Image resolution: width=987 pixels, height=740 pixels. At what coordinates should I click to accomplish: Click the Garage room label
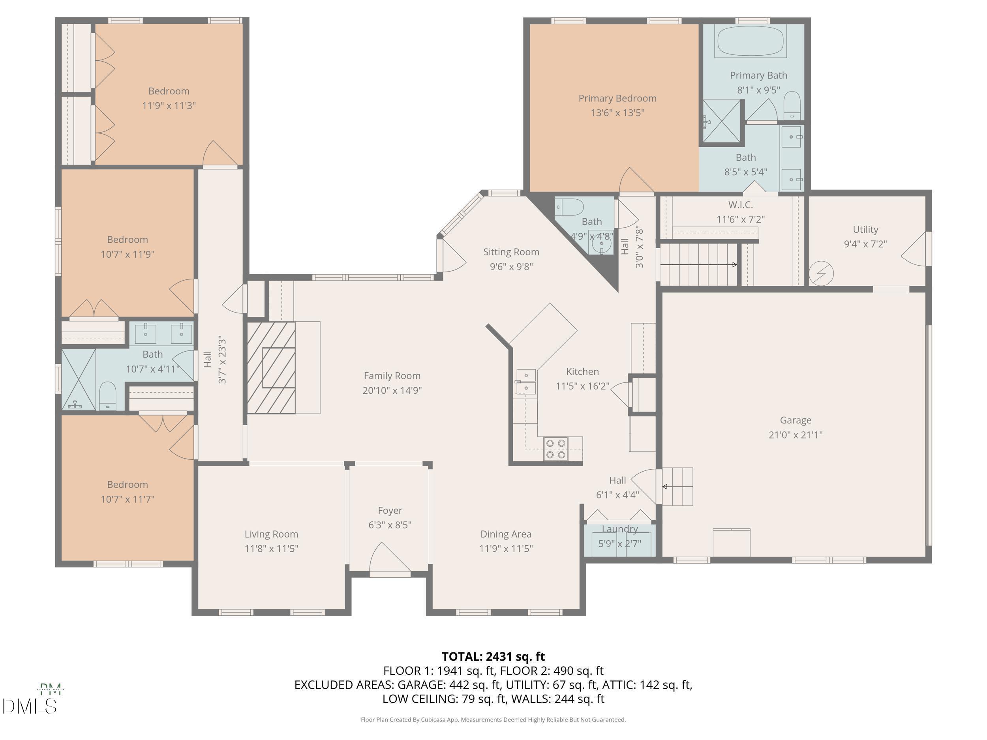[x=795, y=420]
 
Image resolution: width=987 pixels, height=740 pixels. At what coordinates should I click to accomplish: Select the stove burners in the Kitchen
[x=556, y=449]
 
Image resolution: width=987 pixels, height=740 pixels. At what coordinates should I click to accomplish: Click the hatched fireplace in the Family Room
[x=271, y=367]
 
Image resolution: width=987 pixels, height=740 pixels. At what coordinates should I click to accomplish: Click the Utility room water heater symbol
[x=821, y=273]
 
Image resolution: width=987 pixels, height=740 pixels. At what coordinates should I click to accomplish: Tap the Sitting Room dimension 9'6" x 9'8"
[x=511, y=267]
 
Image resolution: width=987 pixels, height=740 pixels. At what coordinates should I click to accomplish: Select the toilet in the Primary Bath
[x=792, y=105]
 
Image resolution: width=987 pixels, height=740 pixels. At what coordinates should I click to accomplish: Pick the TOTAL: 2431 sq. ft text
[x=493, y=657]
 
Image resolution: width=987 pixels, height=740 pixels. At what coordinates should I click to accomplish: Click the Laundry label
[x=620, y=529]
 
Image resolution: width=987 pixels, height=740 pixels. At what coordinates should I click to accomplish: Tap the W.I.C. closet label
[x=740, y=205]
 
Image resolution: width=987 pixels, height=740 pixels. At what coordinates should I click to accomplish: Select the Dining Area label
[x=506, y=534]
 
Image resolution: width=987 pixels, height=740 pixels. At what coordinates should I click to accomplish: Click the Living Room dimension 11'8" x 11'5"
[x=271, y=549]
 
